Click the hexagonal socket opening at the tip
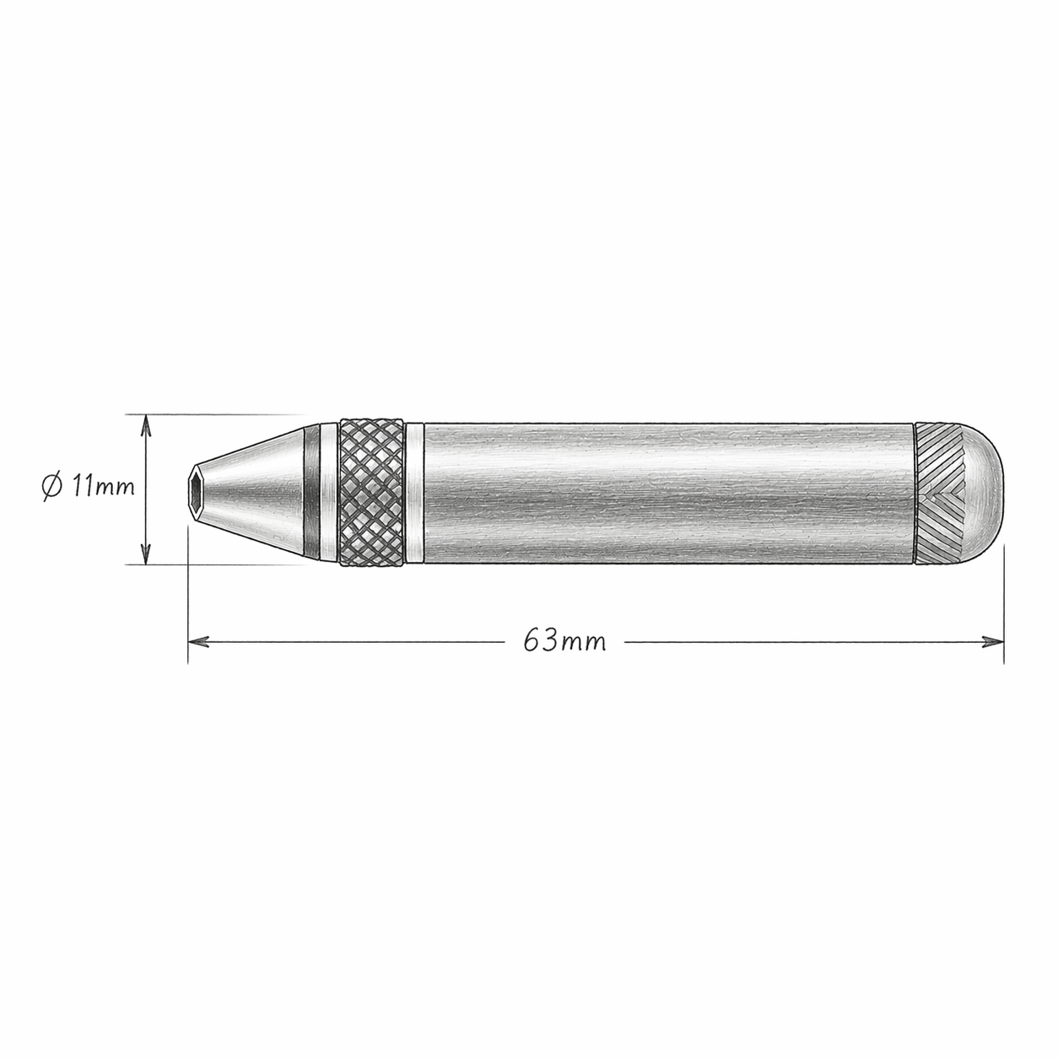point(197,489)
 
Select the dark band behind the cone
point(314,489)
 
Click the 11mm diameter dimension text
point(103,487)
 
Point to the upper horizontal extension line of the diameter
point(219,415)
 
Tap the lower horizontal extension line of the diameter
point(219,564)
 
